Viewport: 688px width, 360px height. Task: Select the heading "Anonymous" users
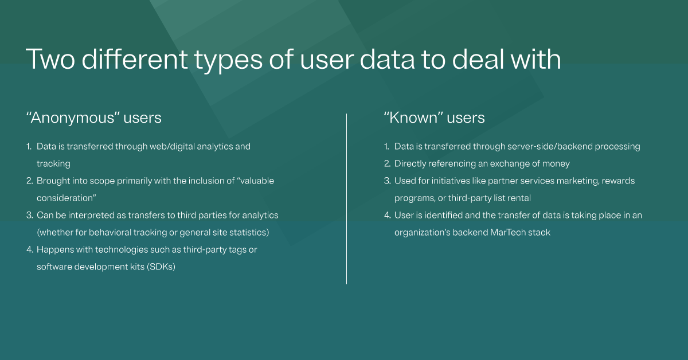point(94,118)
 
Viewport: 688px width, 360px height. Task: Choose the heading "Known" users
point(434,118)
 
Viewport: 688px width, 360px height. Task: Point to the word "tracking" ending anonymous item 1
point(53,163)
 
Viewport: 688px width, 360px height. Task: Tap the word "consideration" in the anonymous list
point(66,198)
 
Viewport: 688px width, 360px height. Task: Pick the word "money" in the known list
point(556,163)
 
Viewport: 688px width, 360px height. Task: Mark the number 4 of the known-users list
point(387,215)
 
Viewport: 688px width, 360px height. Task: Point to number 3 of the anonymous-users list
point(29,215)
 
